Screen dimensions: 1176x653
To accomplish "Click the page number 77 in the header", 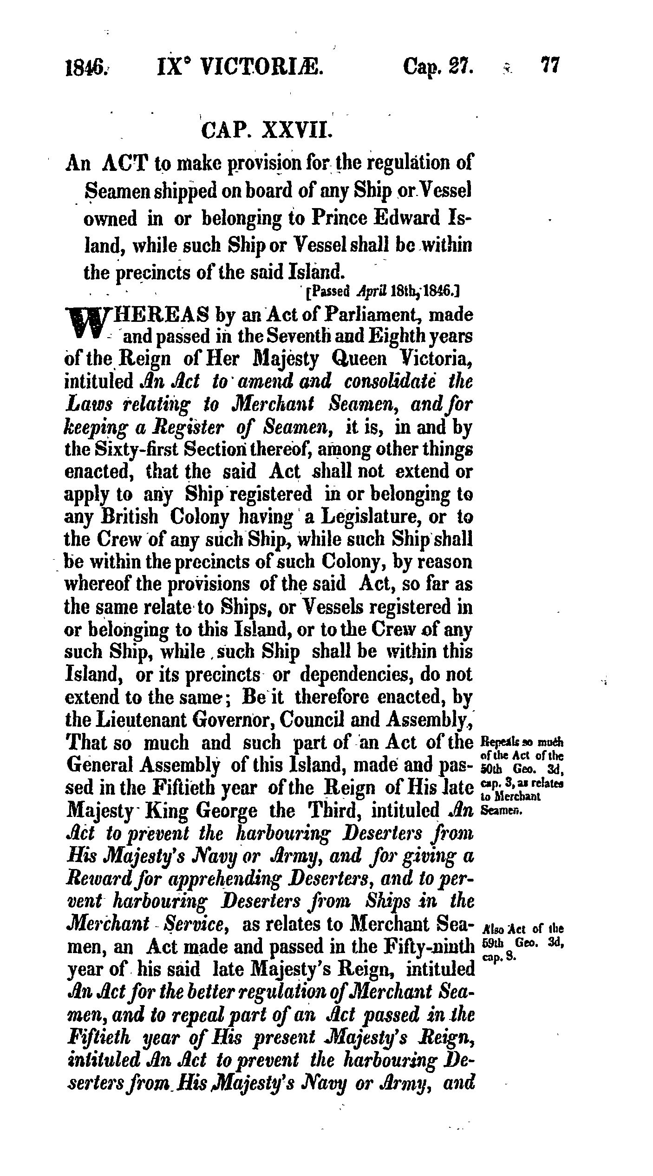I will click(x=550, y=65).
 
